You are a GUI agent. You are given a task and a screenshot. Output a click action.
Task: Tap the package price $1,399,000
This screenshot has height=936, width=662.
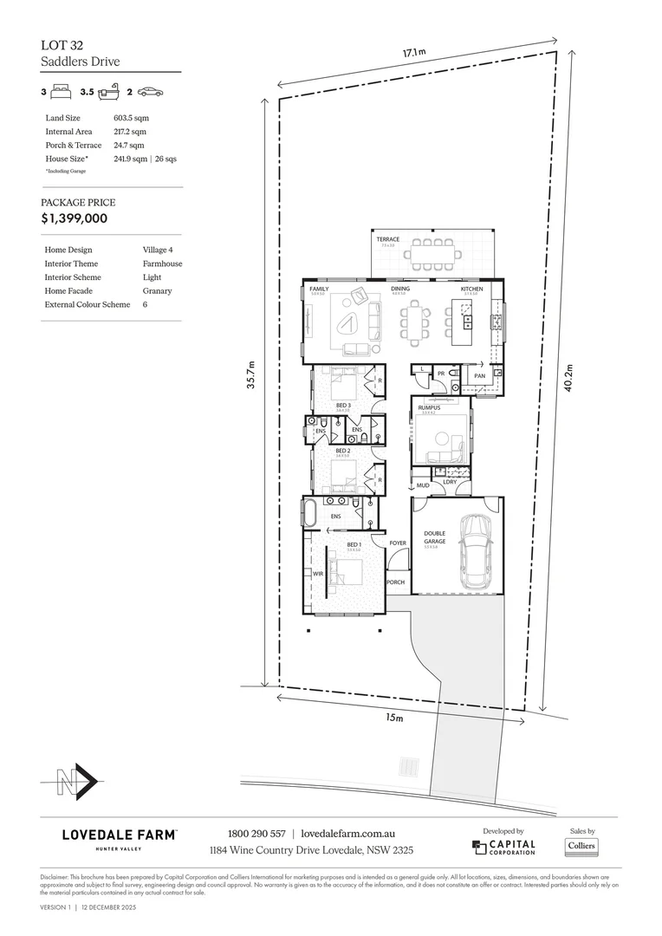point(75,218)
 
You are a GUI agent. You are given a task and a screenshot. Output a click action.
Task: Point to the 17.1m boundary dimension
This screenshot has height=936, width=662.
point(413,54)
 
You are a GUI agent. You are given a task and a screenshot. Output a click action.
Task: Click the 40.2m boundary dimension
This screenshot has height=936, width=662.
point(568,378)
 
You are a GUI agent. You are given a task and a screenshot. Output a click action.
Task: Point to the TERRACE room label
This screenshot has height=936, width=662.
point(387,240)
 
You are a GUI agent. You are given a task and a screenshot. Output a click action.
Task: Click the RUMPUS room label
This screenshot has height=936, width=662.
point(428,406)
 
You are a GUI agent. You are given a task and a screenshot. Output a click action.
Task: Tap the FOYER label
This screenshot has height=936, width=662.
point(398,543)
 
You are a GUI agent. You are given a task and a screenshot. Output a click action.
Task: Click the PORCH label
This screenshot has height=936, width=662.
point(395,582)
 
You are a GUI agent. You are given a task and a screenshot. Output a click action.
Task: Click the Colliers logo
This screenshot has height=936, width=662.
point(581,846)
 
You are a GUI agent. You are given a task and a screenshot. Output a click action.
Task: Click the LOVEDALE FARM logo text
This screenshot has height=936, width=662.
point(120,835)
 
